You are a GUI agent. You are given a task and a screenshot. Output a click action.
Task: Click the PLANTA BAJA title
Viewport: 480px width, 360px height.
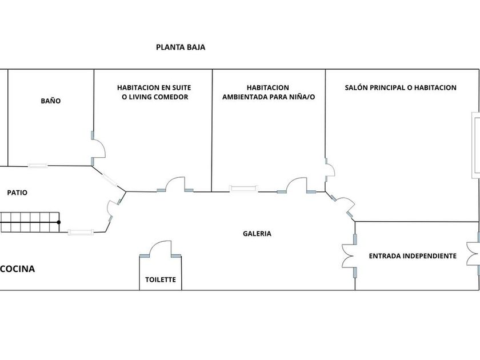coord(181,47)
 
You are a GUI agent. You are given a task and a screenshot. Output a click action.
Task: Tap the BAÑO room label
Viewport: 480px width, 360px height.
coord(51,101)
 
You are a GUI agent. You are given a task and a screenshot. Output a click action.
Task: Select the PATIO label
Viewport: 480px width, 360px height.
coord(17,193)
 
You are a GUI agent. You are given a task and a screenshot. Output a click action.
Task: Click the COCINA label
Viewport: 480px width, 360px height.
coord(18,269)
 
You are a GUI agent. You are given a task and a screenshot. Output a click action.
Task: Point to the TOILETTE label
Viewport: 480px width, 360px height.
coord(161,281)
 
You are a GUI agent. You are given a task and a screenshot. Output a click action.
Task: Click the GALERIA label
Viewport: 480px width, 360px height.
coord(257,234)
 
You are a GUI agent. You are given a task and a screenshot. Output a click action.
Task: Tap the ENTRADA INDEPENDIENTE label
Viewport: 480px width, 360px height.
coord(413,256)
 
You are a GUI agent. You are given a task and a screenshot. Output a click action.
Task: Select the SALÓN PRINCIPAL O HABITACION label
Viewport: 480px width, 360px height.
coord(401,87)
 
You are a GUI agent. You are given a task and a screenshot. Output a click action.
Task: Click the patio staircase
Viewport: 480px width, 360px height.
coord(30,222)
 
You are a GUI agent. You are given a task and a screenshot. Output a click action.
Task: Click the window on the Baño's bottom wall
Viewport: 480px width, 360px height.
coord(38,166)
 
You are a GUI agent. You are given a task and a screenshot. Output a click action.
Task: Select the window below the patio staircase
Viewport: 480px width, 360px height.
coord(81,232)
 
